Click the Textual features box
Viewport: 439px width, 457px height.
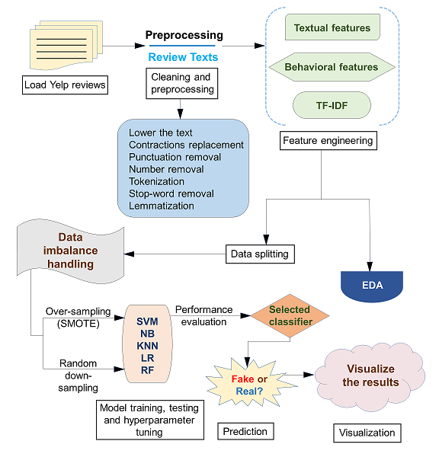click(x=332, y=27)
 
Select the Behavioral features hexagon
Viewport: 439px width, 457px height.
click(x=332, y=67)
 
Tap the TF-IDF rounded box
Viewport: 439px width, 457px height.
click(x=332, y=105)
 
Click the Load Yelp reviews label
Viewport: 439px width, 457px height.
click(x=65, y=85)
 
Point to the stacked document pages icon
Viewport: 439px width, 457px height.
click(x=66, y=45)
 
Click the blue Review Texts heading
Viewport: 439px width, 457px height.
click(x=183, y=57)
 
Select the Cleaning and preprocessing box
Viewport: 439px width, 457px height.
click(x=181, y=83)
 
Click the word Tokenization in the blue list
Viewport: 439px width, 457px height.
click(x=157, y=181)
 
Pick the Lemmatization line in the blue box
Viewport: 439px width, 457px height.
click(x=162, y=206)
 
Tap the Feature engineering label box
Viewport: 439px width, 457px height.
click(x=328, y=140)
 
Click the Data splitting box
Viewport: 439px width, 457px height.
click(x=260, y=254)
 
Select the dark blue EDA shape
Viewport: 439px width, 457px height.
click(x=372, y=286)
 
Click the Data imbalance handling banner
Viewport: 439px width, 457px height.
click(x=71, y=251)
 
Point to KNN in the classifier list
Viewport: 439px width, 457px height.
click(x=148, y=346)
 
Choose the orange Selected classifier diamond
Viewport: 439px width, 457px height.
click(x=290, y=315)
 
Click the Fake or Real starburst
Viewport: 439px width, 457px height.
click(x=250, y=385)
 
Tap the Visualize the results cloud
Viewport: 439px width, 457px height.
click(x=370, y=376)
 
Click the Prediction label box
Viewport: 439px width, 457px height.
click(x=245, y=431)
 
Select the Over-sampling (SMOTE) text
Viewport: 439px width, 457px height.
click(x=79, y=318)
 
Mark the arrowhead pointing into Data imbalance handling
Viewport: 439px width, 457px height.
click(x=130, y=254)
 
